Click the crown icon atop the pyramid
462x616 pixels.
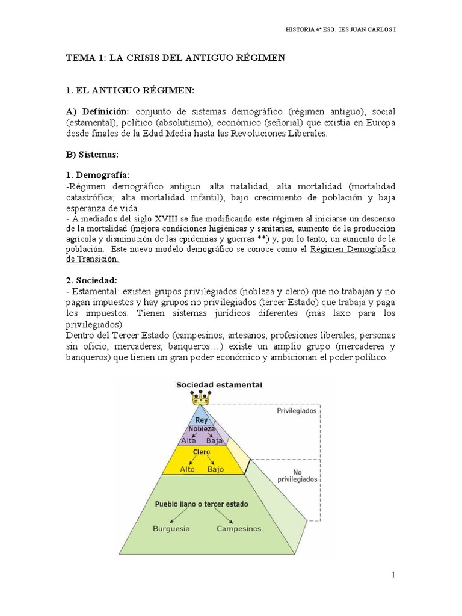[200, 398]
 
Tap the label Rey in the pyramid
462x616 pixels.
[200, 420]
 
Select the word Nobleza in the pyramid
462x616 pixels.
[202, 429]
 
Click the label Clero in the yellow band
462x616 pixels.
[201, 451]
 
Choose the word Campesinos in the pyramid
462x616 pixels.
[239, 529]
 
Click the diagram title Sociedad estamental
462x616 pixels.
[219, 384]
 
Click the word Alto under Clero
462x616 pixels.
[187, 469]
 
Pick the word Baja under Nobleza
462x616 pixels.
[214, 440]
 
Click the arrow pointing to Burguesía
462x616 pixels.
[176, 516]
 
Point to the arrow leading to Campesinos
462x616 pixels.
[225, 516]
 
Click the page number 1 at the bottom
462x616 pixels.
[393, 576]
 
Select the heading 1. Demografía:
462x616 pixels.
[97, 174]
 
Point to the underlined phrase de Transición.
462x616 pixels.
[93, 259]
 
